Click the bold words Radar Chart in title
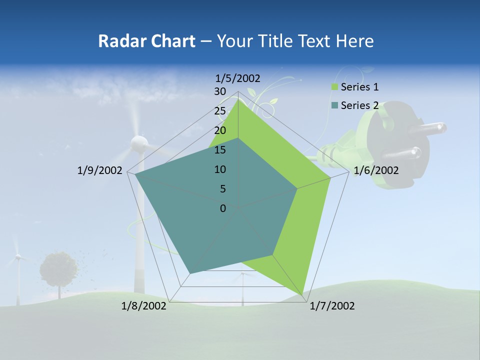click(x=146, y=41)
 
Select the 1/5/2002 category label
click(x=238, y=78)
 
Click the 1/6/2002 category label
click(x=376, y=170)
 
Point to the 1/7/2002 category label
click(x=332, y=306)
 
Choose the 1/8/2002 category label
click(x=144, y=306)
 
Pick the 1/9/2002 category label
click(x=100, y=170)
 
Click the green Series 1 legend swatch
click(x=335, y=87)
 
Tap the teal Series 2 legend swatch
click(x=335, y=105)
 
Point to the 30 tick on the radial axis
click(x=220, y=91)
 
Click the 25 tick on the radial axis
click(x=220, y=111)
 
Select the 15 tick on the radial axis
click(x=220, y=150)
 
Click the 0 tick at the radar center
click(x=223, y=208)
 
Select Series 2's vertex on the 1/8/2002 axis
click(x=190, y=273)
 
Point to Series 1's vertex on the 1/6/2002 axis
click(x=330, y=177)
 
